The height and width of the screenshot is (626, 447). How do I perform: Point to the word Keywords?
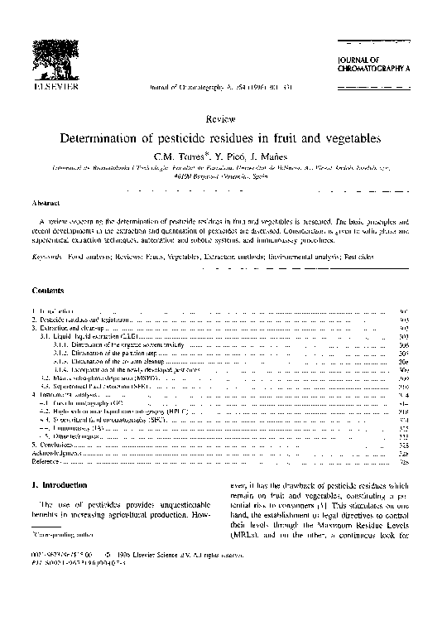47,258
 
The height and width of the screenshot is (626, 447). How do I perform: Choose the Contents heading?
49,291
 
